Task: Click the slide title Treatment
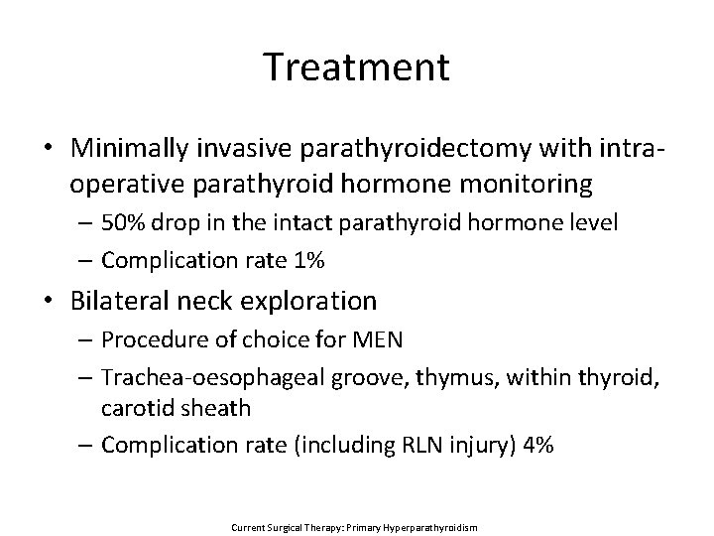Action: click(x=357, y=67)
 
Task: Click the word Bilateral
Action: click(x=119, y=300)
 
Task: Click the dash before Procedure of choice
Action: click(x=88, y=340)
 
